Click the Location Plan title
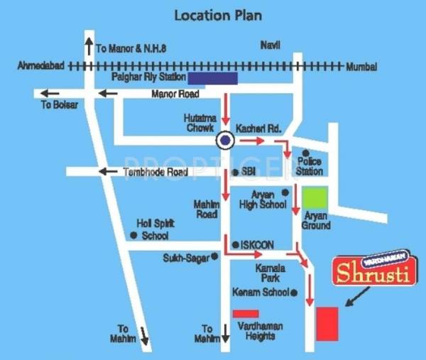[212, 14]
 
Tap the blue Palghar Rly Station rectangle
[212, 78]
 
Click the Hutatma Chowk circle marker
[226, 141]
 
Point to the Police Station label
[310, 166]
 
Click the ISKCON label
[257, 244]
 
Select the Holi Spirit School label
[155, 229]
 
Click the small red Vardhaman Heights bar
[246, 313]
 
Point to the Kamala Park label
[270, 273]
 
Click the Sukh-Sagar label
[185, 258]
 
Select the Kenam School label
[261, 293]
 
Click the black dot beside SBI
[235, 173]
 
